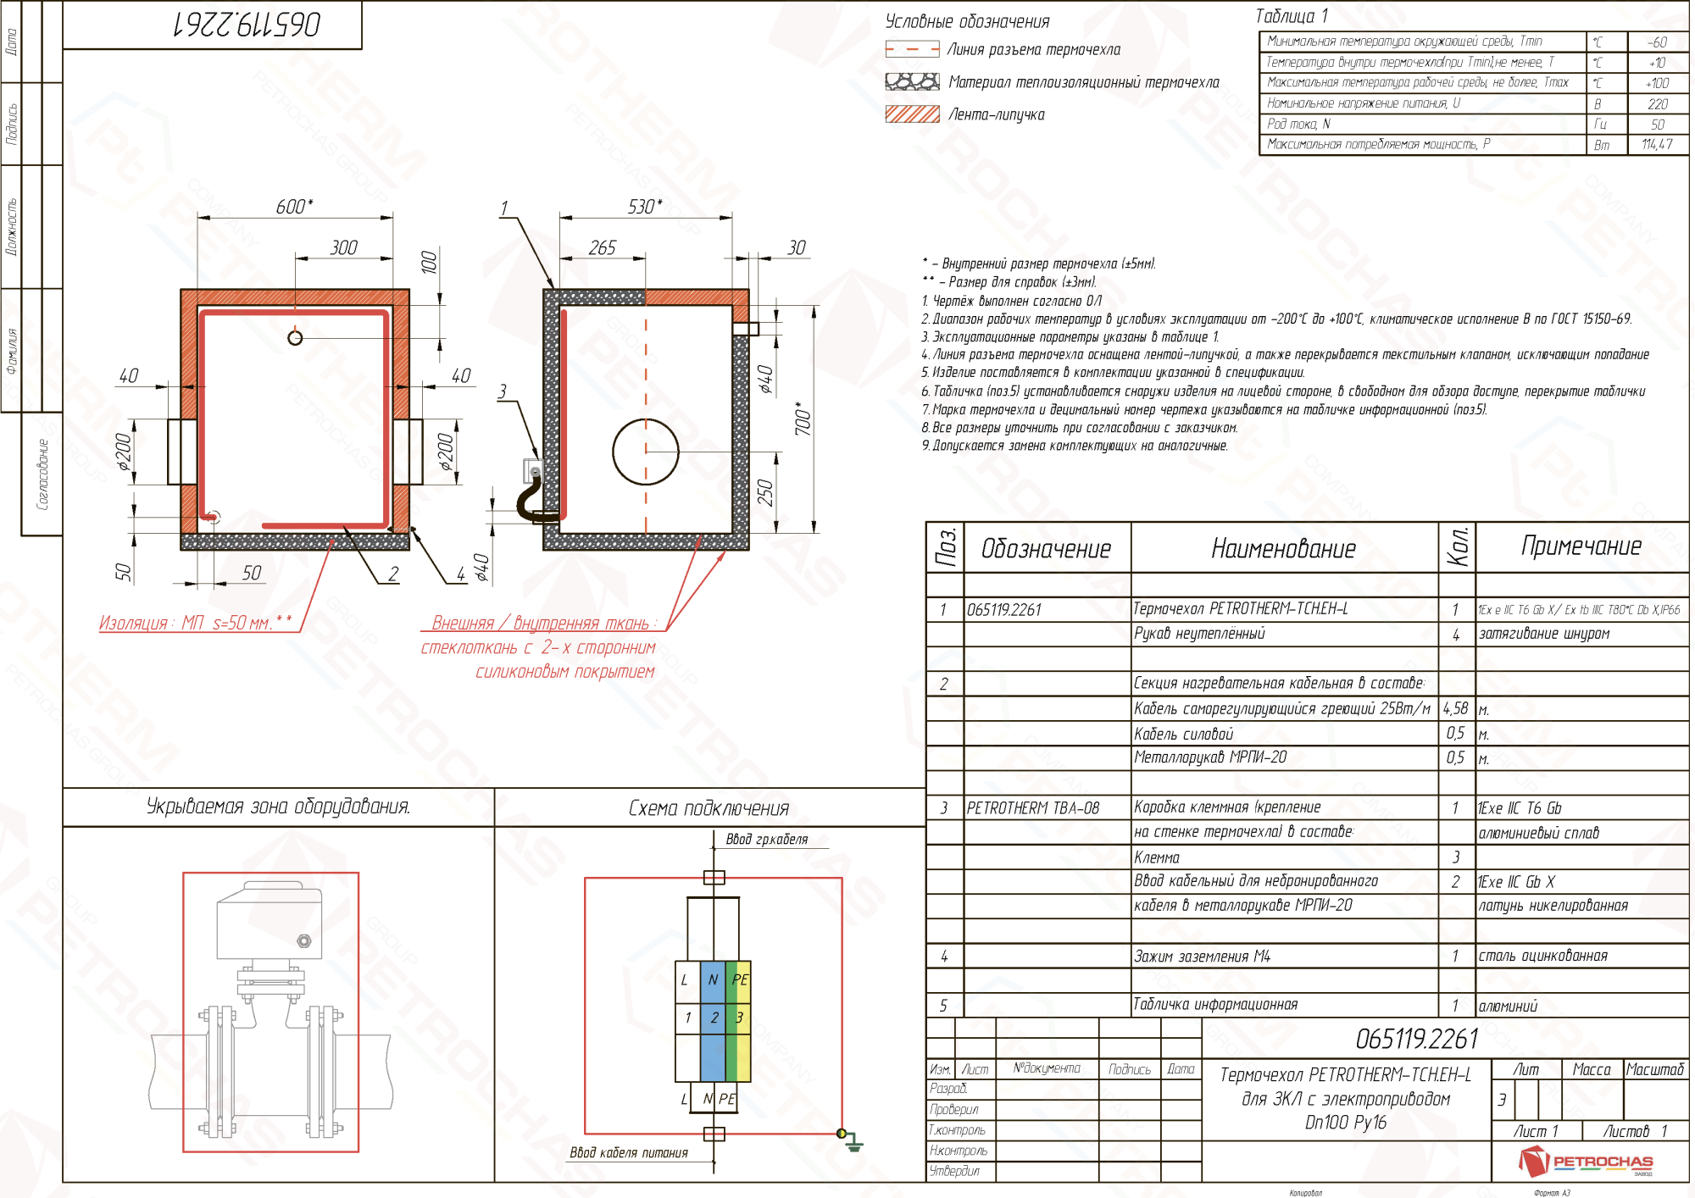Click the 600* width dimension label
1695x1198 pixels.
tap(294, 207)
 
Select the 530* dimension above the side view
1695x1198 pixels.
tap(645, 207)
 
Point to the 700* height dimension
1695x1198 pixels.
tap(803, 419)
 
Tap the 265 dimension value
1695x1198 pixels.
tap(603, 247)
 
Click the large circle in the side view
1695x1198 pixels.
tap(646, 452)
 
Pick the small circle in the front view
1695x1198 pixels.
tap(295, 338)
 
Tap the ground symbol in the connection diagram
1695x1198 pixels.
tap(853, 1144)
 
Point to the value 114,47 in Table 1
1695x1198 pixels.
tap(1657, 145)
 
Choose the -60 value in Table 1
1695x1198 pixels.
tap(1657, 42)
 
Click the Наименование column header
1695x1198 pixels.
tap(1283, 549)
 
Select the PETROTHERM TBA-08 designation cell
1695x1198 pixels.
tap(1033, 808)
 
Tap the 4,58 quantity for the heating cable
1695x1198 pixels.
tap(1455, 708)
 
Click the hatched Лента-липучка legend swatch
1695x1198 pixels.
tap(912, 114)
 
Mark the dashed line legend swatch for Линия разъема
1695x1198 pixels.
tap(912, 49)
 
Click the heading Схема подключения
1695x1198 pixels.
tap(709, 808)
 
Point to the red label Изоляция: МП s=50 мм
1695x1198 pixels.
tap(195, 624)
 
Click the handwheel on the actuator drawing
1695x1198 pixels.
tap(304, 941)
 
